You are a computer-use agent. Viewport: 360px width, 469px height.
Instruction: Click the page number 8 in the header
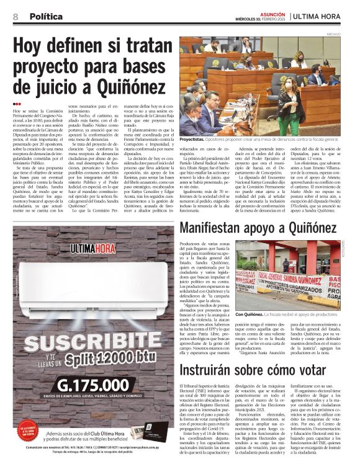tap(15, 17)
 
